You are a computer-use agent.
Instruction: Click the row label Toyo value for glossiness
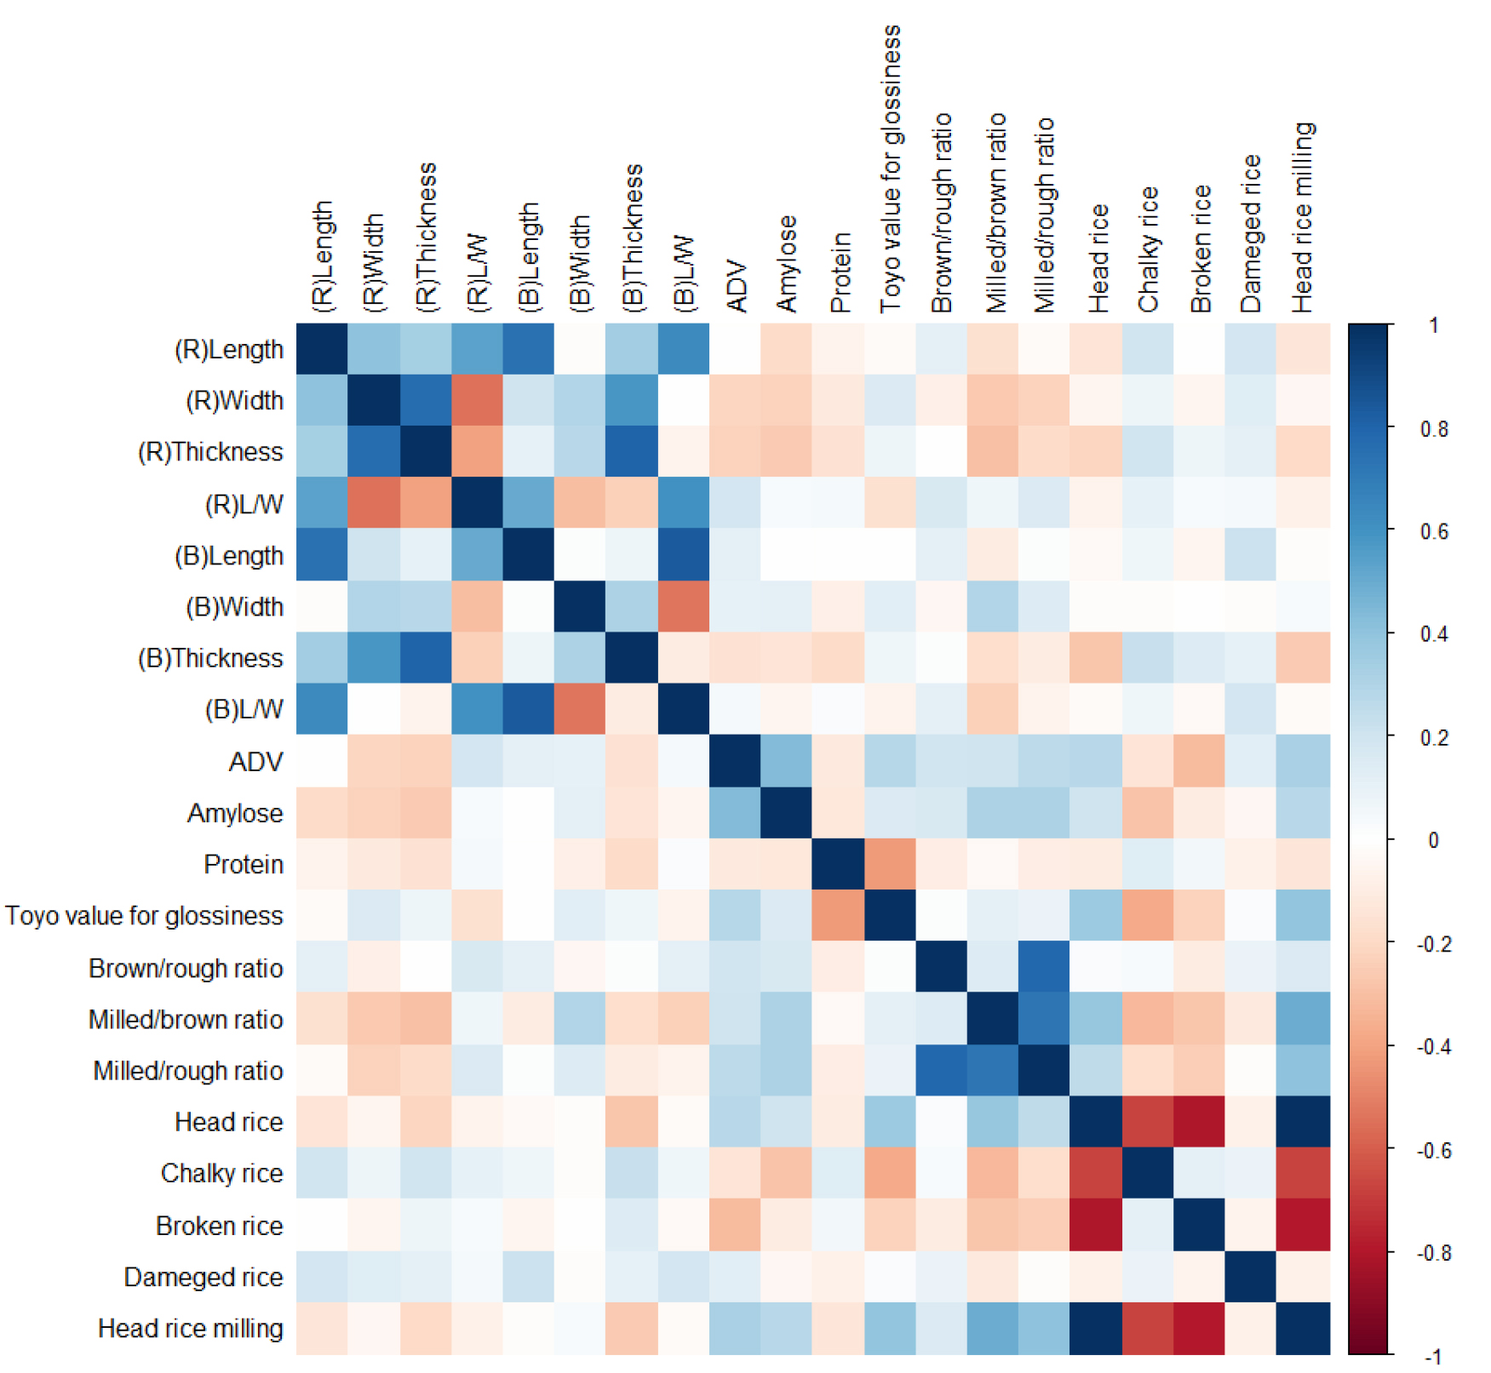(144, 916)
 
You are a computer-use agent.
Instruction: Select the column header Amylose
(787, 264)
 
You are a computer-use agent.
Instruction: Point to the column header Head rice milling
(1303, 218)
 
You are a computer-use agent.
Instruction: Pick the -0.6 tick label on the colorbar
(1432, 1151)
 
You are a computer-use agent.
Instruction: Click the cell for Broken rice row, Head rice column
(1096, 1225)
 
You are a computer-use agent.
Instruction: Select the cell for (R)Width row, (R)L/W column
(477, 400)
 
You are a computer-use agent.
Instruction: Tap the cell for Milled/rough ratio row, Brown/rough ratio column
(941, 1070)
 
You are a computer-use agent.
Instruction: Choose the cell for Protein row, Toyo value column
(890, 864)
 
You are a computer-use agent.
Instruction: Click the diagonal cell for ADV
(735, 761)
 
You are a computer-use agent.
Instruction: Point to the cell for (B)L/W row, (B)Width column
(580, 709)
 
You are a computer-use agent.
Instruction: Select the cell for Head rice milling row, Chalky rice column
(1148, 1328)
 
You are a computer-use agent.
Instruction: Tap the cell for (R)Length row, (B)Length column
(528, 349)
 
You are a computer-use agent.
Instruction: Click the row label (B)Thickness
(210, 658)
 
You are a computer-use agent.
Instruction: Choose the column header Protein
(840, 272)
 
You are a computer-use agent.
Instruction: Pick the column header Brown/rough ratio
(941, 213)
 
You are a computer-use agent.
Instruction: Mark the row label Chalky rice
(221, 1173)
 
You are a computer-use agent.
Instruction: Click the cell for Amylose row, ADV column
(735, 813)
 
